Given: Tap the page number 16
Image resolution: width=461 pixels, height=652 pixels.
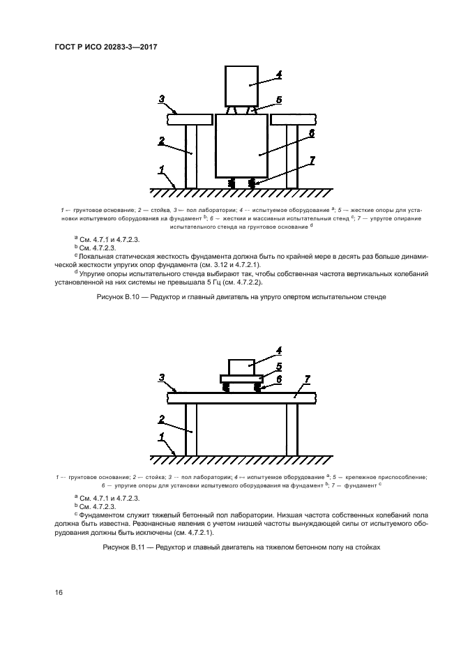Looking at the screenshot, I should [x=59, y=593].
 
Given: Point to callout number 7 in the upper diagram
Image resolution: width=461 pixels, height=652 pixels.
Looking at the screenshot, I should [x=312, y=160].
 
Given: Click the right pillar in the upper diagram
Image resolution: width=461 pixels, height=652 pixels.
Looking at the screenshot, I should [x=292, y=156].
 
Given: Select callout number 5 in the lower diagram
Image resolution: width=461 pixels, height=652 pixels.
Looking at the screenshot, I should [x=278, y=365].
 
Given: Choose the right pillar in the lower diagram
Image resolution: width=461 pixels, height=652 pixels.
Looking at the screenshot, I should [x=292, y=428].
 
